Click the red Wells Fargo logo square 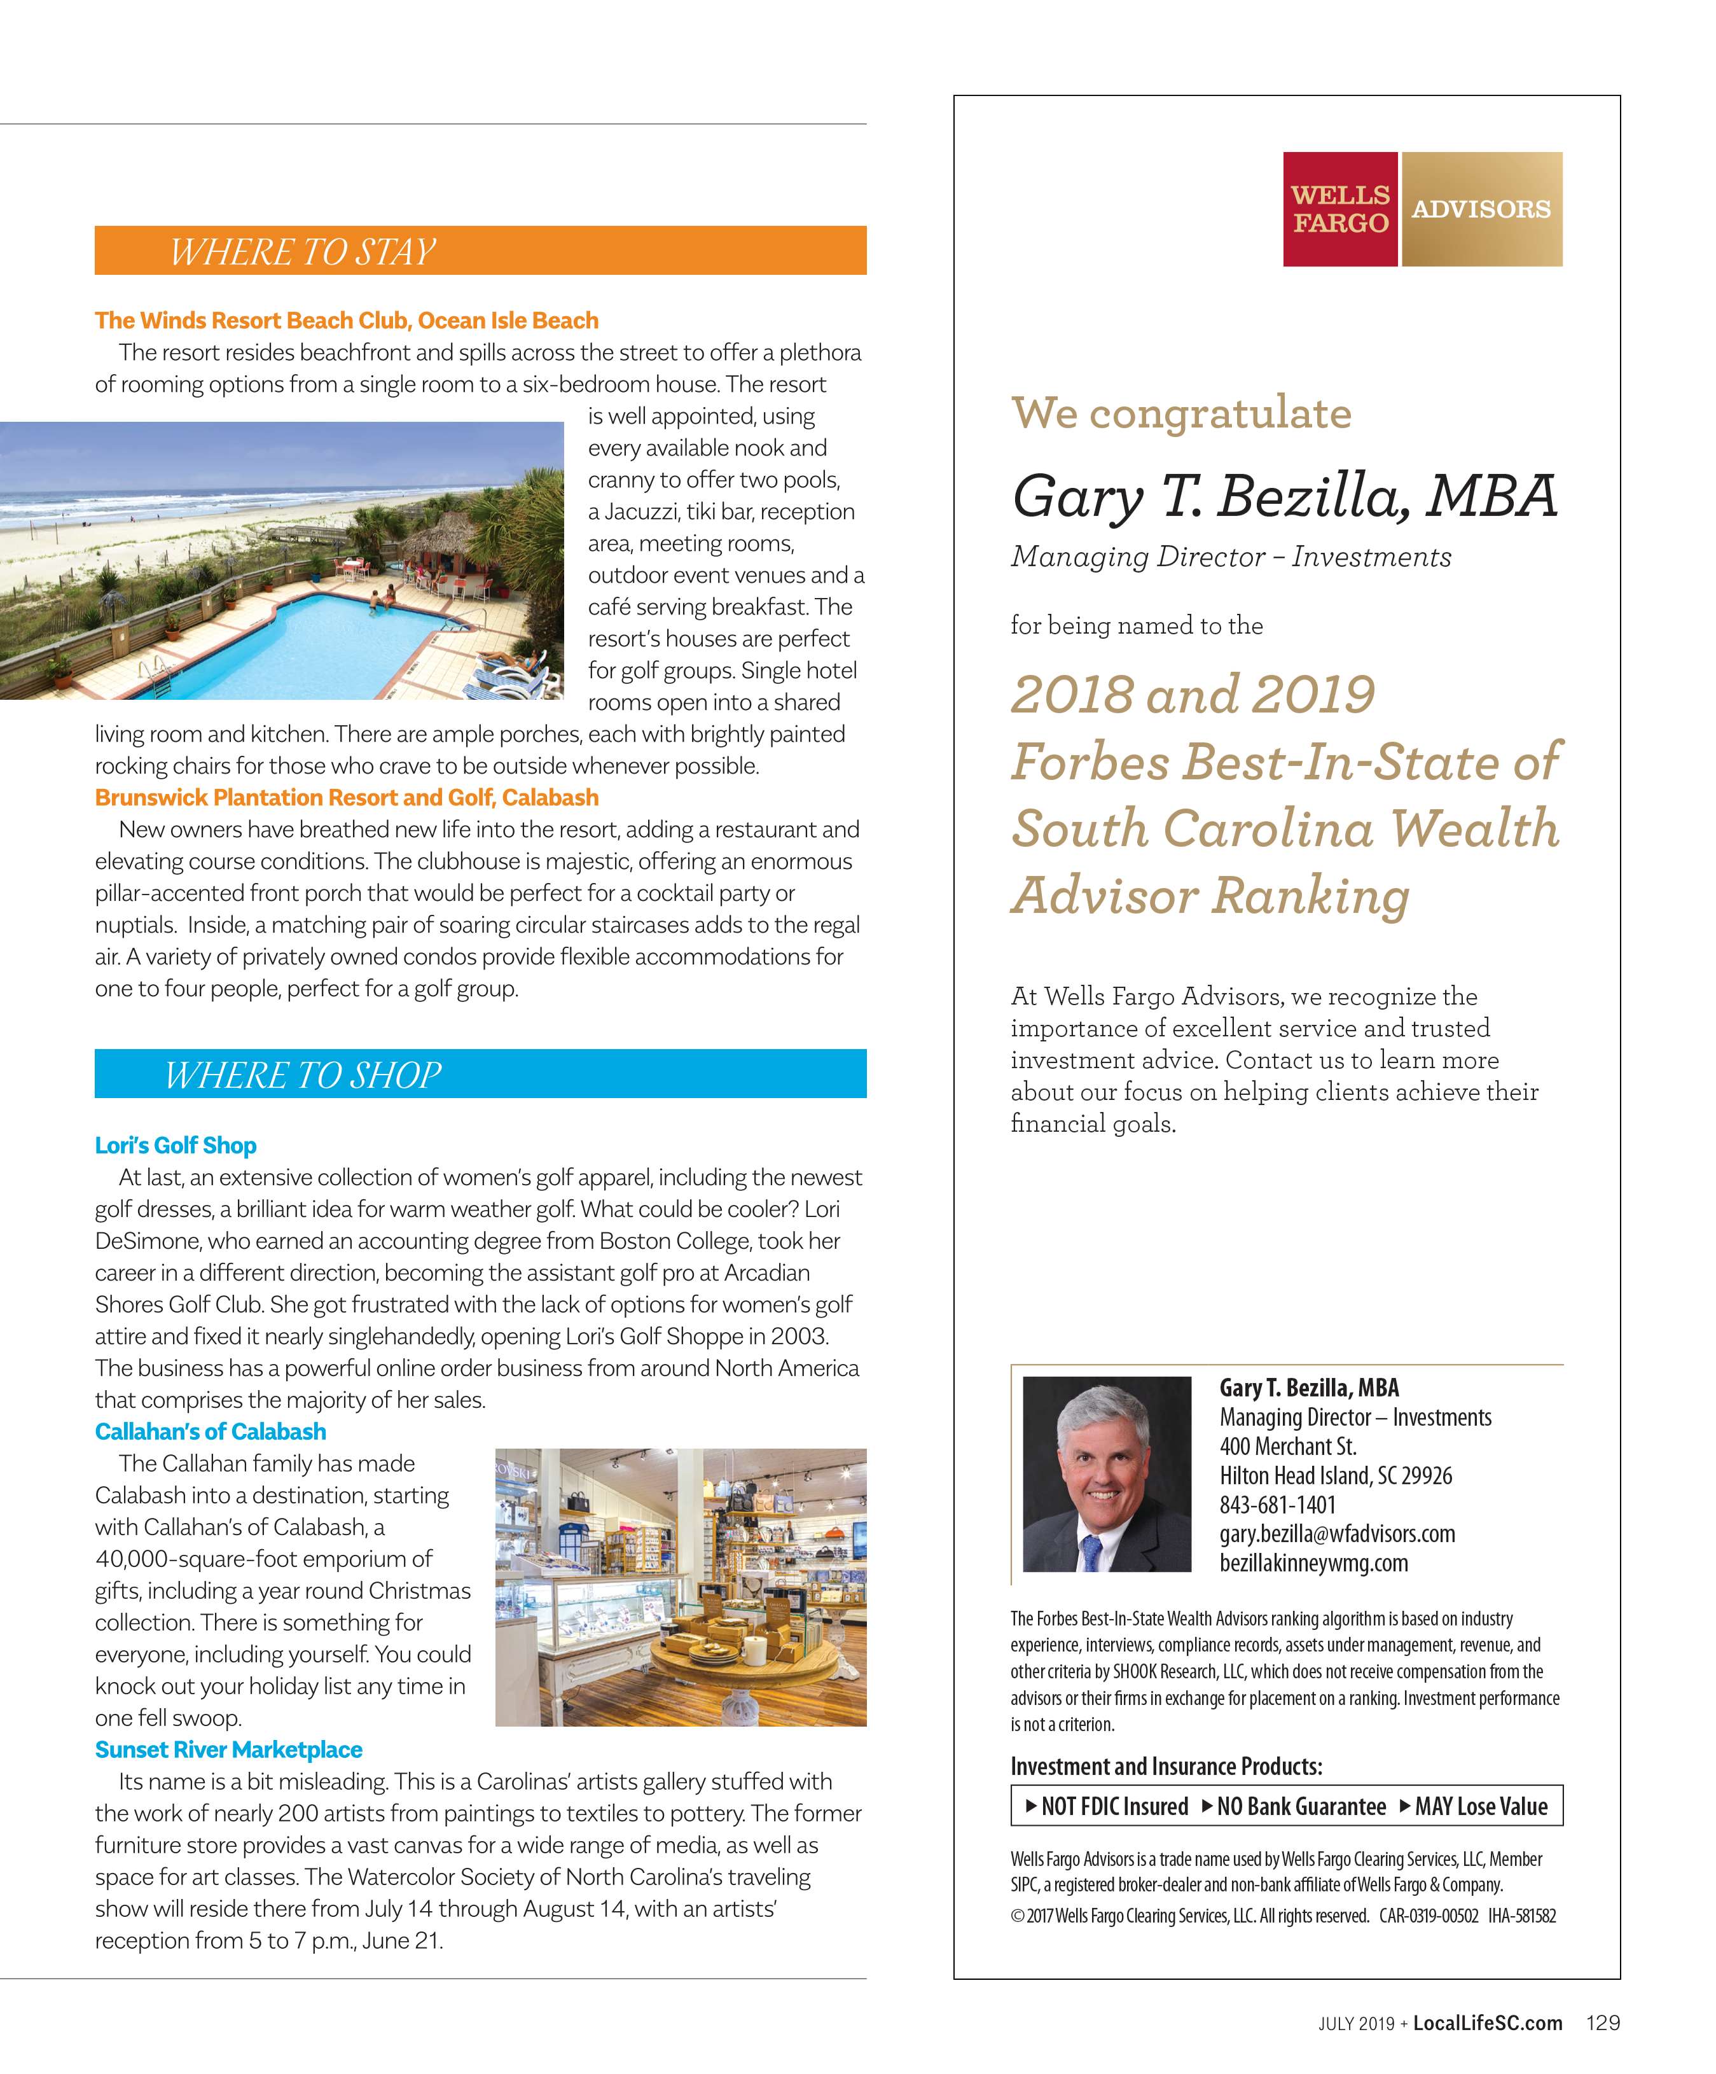[x=1340, y=209]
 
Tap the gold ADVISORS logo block [x=1481, y=209]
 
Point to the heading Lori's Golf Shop [x=176, y=1146]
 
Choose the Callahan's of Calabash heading [x=211, y=1432]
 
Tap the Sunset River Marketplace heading [x=228, y=1750]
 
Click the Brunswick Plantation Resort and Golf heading [x=347, y=798]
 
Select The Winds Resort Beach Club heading [x=347, y=321]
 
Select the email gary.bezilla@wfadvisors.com [x=1337, y=1534]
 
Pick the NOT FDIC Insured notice [x=1107, y=1806]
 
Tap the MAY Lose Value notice [x=1474, y=1806]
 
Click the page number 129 [x=1602, y=2022]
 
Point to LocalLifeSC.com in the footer [x=1487, y=2022]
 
